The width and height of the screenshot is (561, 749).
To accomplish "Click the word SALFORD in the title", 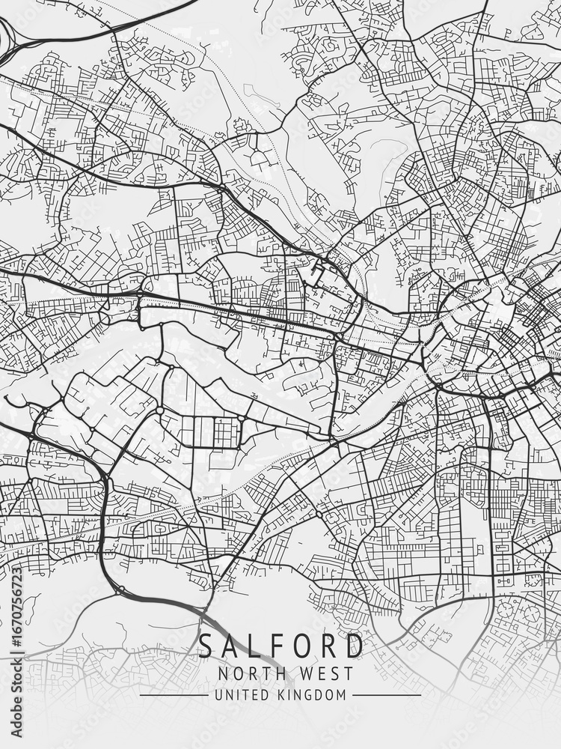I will [280, 646].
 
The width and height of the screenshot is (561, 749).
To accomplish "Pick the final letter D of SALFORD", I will [355, 646].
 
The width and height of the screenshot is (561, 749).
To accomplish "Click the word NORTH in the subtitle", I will [245, 673].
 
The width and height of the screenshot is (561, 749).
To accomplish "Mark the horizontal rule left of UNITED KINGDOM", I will [174, 695].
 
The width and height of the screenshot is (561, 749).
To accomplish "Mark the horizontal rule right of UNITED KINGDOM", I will [386, 695].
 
